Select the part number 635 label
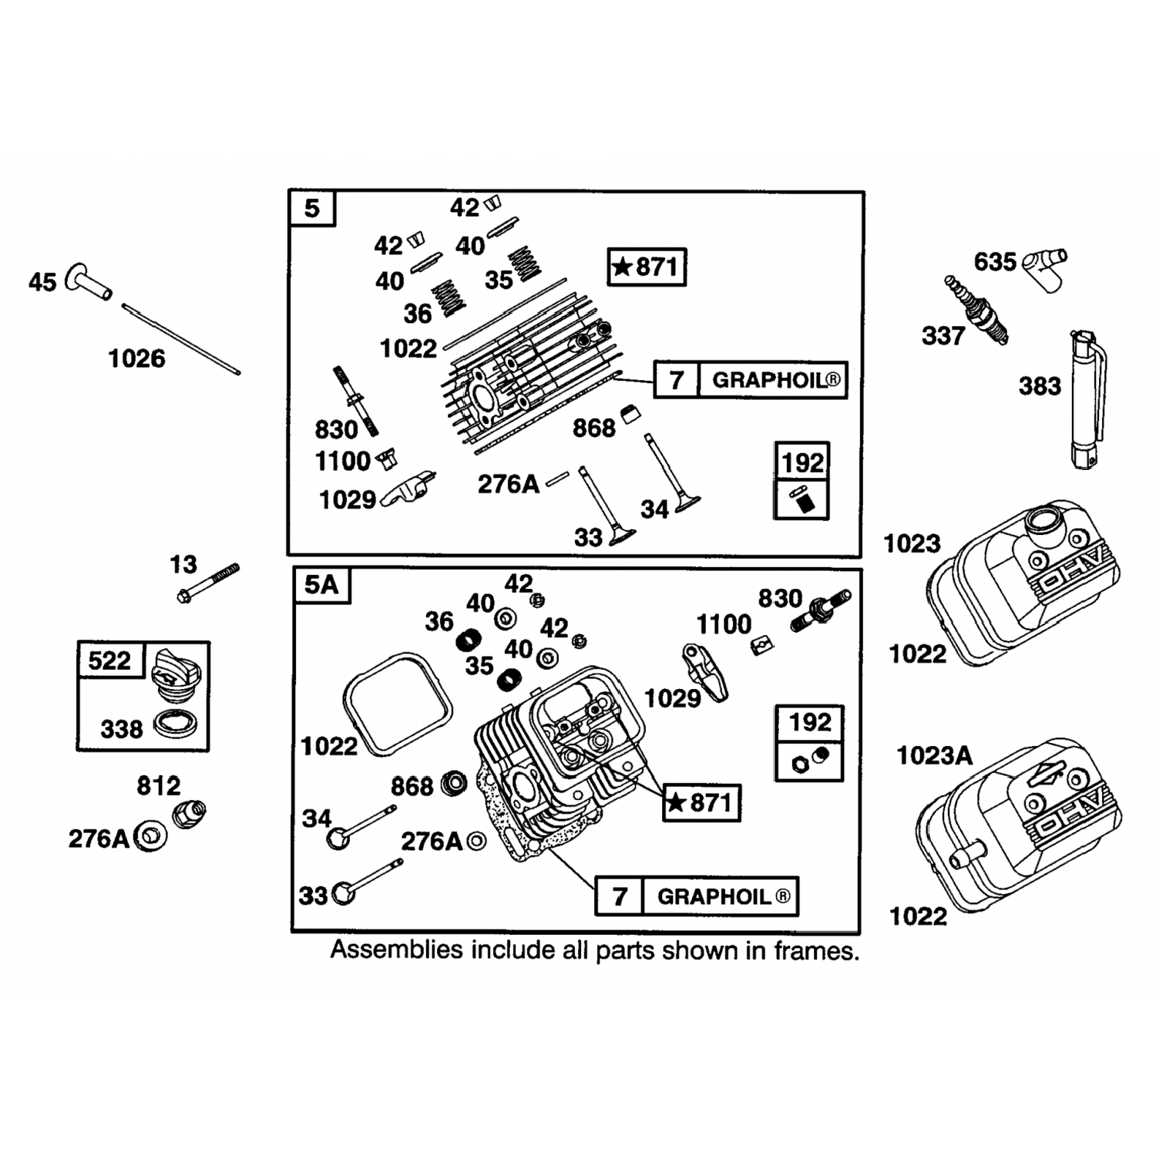[x=995, y=262]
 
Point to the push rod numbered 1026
[x=181, y=339]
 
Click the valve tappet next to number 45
[x=89, y=281]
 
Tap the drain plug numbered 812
[x=190, y=812]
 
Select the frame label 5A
[x=321, y=585]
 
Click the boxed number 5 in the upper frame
[x=312, y=208]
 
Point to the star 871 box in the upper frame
[x=647, y=267]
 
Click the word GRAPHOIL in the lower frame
[x=714, y=897]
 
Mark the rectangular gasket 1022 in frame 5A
[x=396, y=704]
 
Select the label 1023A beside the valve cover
[x=934, y=756]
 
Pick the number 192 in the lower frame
[x=810, y=722]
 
